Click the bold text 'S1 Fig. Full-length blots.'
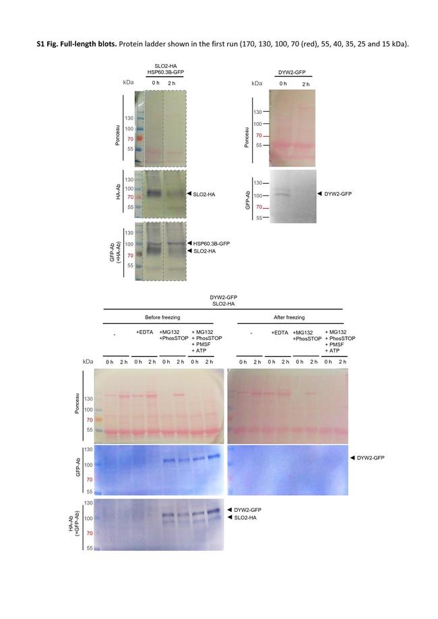click(x=76, y=42)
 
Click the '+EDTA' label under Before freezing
click(x=145, y=332)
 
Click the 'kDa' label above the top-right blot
click(x=257, y=84)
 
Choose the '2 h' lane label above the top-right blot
click(x=307, y=84)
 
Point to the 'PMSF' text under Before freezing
click(x=202, y=344)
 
